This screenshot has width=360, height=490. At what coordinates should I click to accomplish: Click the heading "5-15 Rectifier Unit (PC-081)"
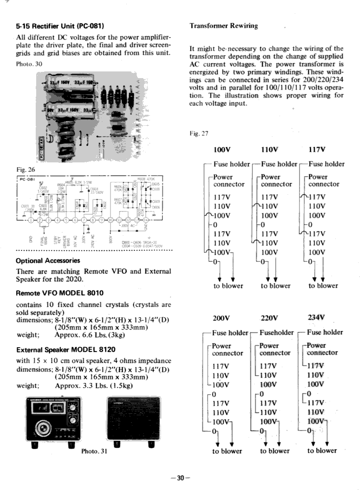pyautogui.click(x=60, y=25)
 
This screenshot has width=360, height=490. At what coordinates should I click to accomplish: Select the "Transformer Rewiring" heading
pyautogui.click(x=223, y=26)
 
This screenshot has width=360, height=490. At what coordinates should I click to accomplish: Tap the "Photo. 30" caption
pyautogui.click(x=29, y=64)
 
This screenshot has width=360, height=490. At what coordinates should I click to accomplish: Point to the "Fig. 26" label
pyautogui.click(x=25, y=169)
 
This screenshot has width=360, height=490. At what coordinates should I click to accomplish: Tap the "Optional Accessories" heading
pyautogui.click(x=48, y=261)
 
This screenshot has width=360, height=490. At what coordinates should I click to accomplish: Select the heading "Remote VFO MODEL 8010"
pyautogui.click(x=60, y=292)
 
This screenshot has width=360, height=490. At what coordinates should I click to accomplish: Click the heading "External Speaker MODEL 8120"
pyautogui.click(x=67, y=350)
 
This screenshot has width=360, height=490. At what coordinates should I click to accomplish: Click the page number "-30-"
pyautogui.click(x=180, y=478)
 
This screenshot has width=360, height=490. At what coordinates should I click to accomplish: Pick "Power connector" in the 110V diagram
pyautogui.click(x=277, y=180)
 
